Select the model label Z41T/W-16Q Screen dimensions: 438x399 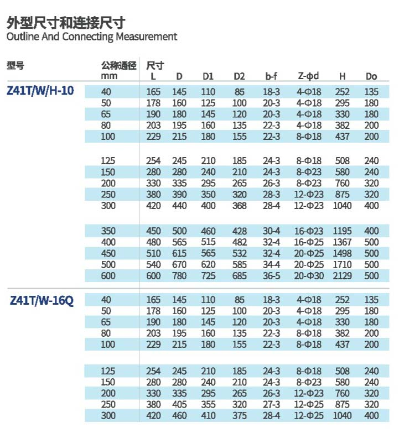(x=42, y=301)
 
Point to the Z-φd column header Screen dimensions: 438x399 (x=309, y=76)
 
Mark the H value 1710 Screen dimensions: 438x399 (x=343, y=264)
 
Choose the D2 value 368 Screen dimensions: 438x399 (x=239, y=206)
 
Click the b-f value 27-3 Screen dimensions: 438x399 (x=271, y=404)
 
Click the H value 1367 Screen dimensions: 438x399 (x=343, y=242)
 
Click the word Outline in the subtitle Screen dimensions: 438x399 (x=23, y=37)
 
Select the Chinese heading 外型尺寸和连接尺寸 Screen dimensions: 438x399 (x=66, y=23)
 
